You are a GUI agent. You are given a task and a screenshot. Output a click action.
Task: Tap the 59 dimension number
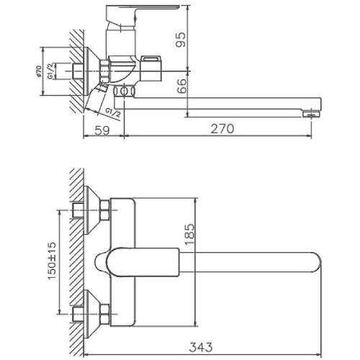[x=102, y=130]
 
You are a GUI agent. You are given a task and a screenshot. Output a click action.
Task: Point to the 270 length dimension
[x=221, y=130]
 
